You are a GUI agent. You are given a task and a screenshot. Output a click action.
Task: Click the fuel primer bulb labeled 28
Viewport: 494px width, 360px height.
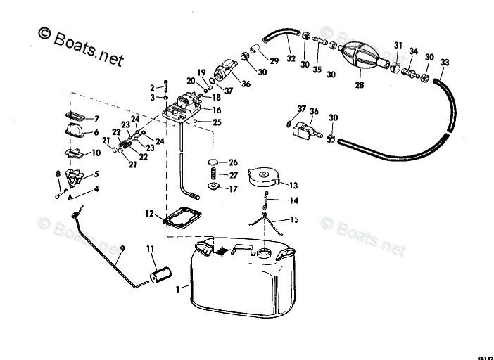pos(362,58)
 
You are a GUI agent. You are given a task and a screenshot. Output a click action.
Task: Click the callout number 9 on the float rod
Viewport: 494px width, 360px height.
pos(121,248)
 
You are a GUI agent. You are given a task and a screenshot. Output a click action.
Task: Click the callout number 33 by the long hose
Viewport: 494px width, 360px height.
pos(444,63)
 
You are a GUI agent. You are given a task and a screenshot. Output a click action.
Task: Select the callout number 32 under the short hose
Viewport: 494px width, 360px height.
pos(291,60)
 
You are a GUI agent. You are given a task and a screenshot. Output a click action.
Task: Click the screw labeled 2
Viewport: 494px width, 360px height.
pos(164,87)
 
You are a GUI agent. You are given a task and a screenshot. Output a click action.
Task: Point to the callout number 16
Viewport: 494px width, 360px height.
pos(217,110)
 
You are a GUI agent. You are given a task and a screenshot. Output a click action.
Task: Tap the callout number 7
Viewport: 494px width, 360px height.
pos(96,118)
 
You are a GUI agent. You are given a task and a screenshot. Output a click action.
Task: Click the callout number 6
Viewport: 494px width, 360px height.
pos(96,131)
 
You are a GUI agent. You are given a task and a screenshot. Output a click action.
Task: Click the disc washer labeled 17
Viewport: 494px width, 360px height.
pos(213,188)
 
